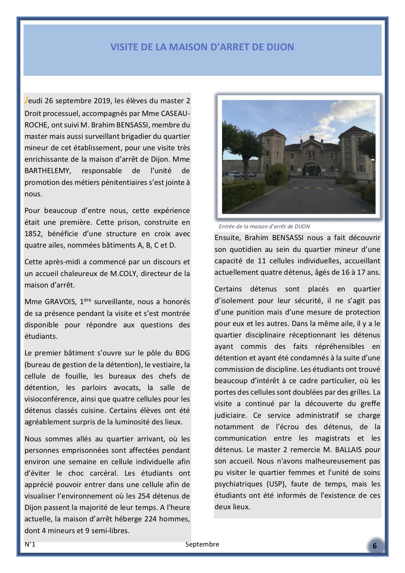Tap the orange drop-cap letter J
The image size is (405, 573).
tap(26, 100)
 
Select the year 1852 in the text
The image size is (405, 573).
tap(33, 234)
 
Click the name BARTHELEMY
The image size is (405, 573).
tap(47, 171)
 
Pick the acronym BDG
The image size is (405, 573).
tap(183, 353)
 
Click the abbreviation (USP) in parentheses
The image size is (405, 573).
tap(275, 484)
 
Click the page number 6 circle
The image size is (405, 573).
tap(375, 546)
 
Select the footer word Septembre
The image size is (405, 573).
tap(202, 544)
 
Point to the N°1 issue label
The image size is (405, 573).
tap(30, 544)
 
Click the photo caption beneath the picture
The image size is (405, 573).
tap(264, 226)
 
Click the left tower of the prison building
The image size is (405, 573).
tap(270, 150)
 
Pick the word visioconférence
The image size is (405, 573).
tap(51, 399)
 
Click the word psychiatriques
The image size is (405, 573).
tap(239, 484)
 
